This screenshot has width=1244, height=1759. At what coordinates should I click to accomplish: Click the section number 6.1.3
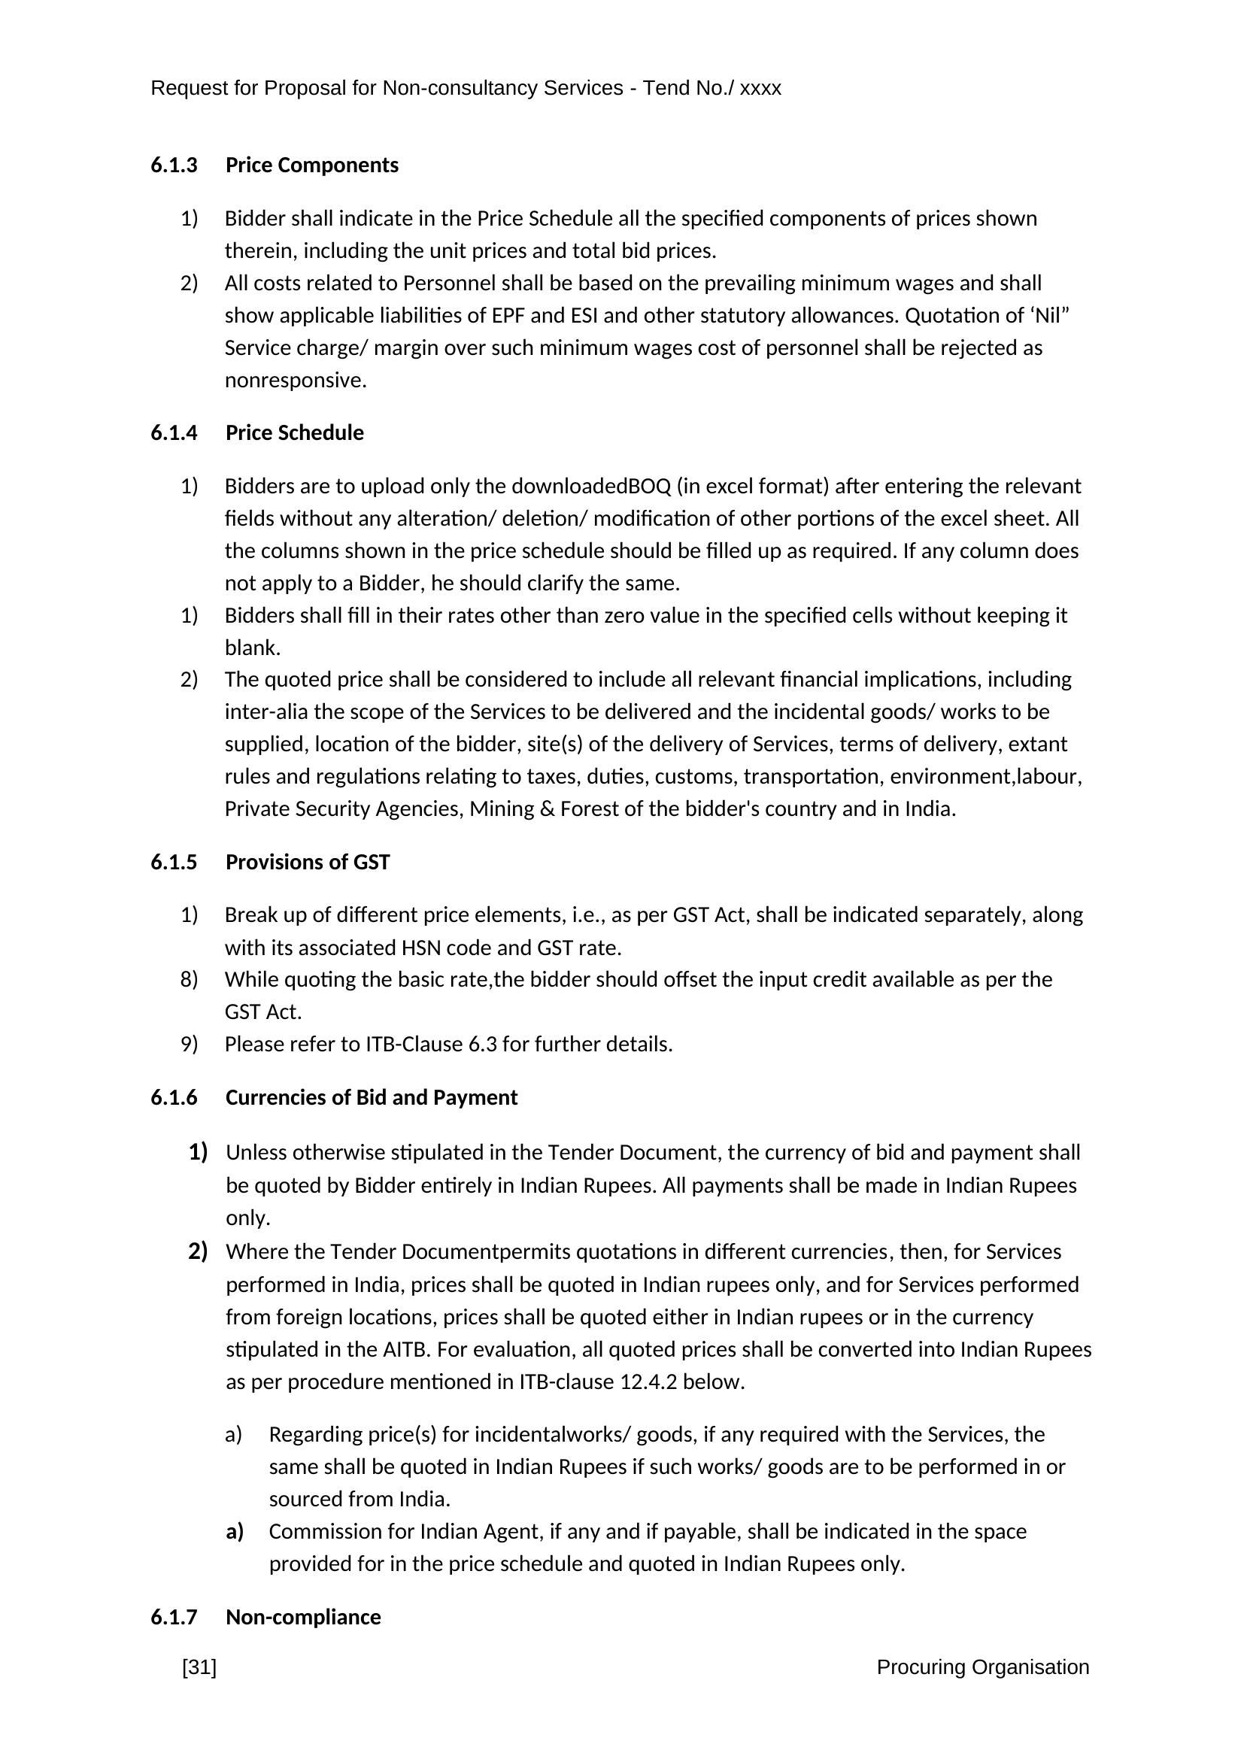pos(174,165)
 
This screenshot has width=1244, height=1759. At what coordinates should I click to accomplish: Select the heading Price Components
pos(312,165)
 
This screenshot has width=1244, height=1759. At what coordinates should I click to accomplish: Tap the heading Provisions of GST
pos(307,863)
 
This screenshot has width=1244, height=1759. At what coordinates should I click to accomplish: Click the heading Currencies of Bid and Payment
pos(372,1098)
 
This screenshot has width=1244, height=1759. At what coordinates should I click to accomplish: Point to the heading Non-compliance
pos(302,1618)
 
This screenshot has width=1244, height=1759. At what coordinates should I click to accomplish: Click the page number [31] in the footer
pos(199,1667)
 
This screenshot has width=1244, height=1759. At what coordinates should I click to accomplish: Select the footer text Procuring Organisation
pos(983,1667)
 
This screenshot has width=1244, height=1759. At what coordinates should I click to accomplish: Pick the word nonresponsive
pos(295,381)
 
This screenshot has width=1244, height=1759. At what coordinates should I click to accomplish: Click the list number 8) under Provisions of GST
pos(190,980)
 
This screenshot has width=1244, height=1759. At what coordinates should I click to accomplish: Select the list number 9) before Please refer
pos(190,1045)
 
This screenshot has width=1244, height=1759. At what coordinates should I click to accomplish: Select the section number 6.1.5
pos(174,863)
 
